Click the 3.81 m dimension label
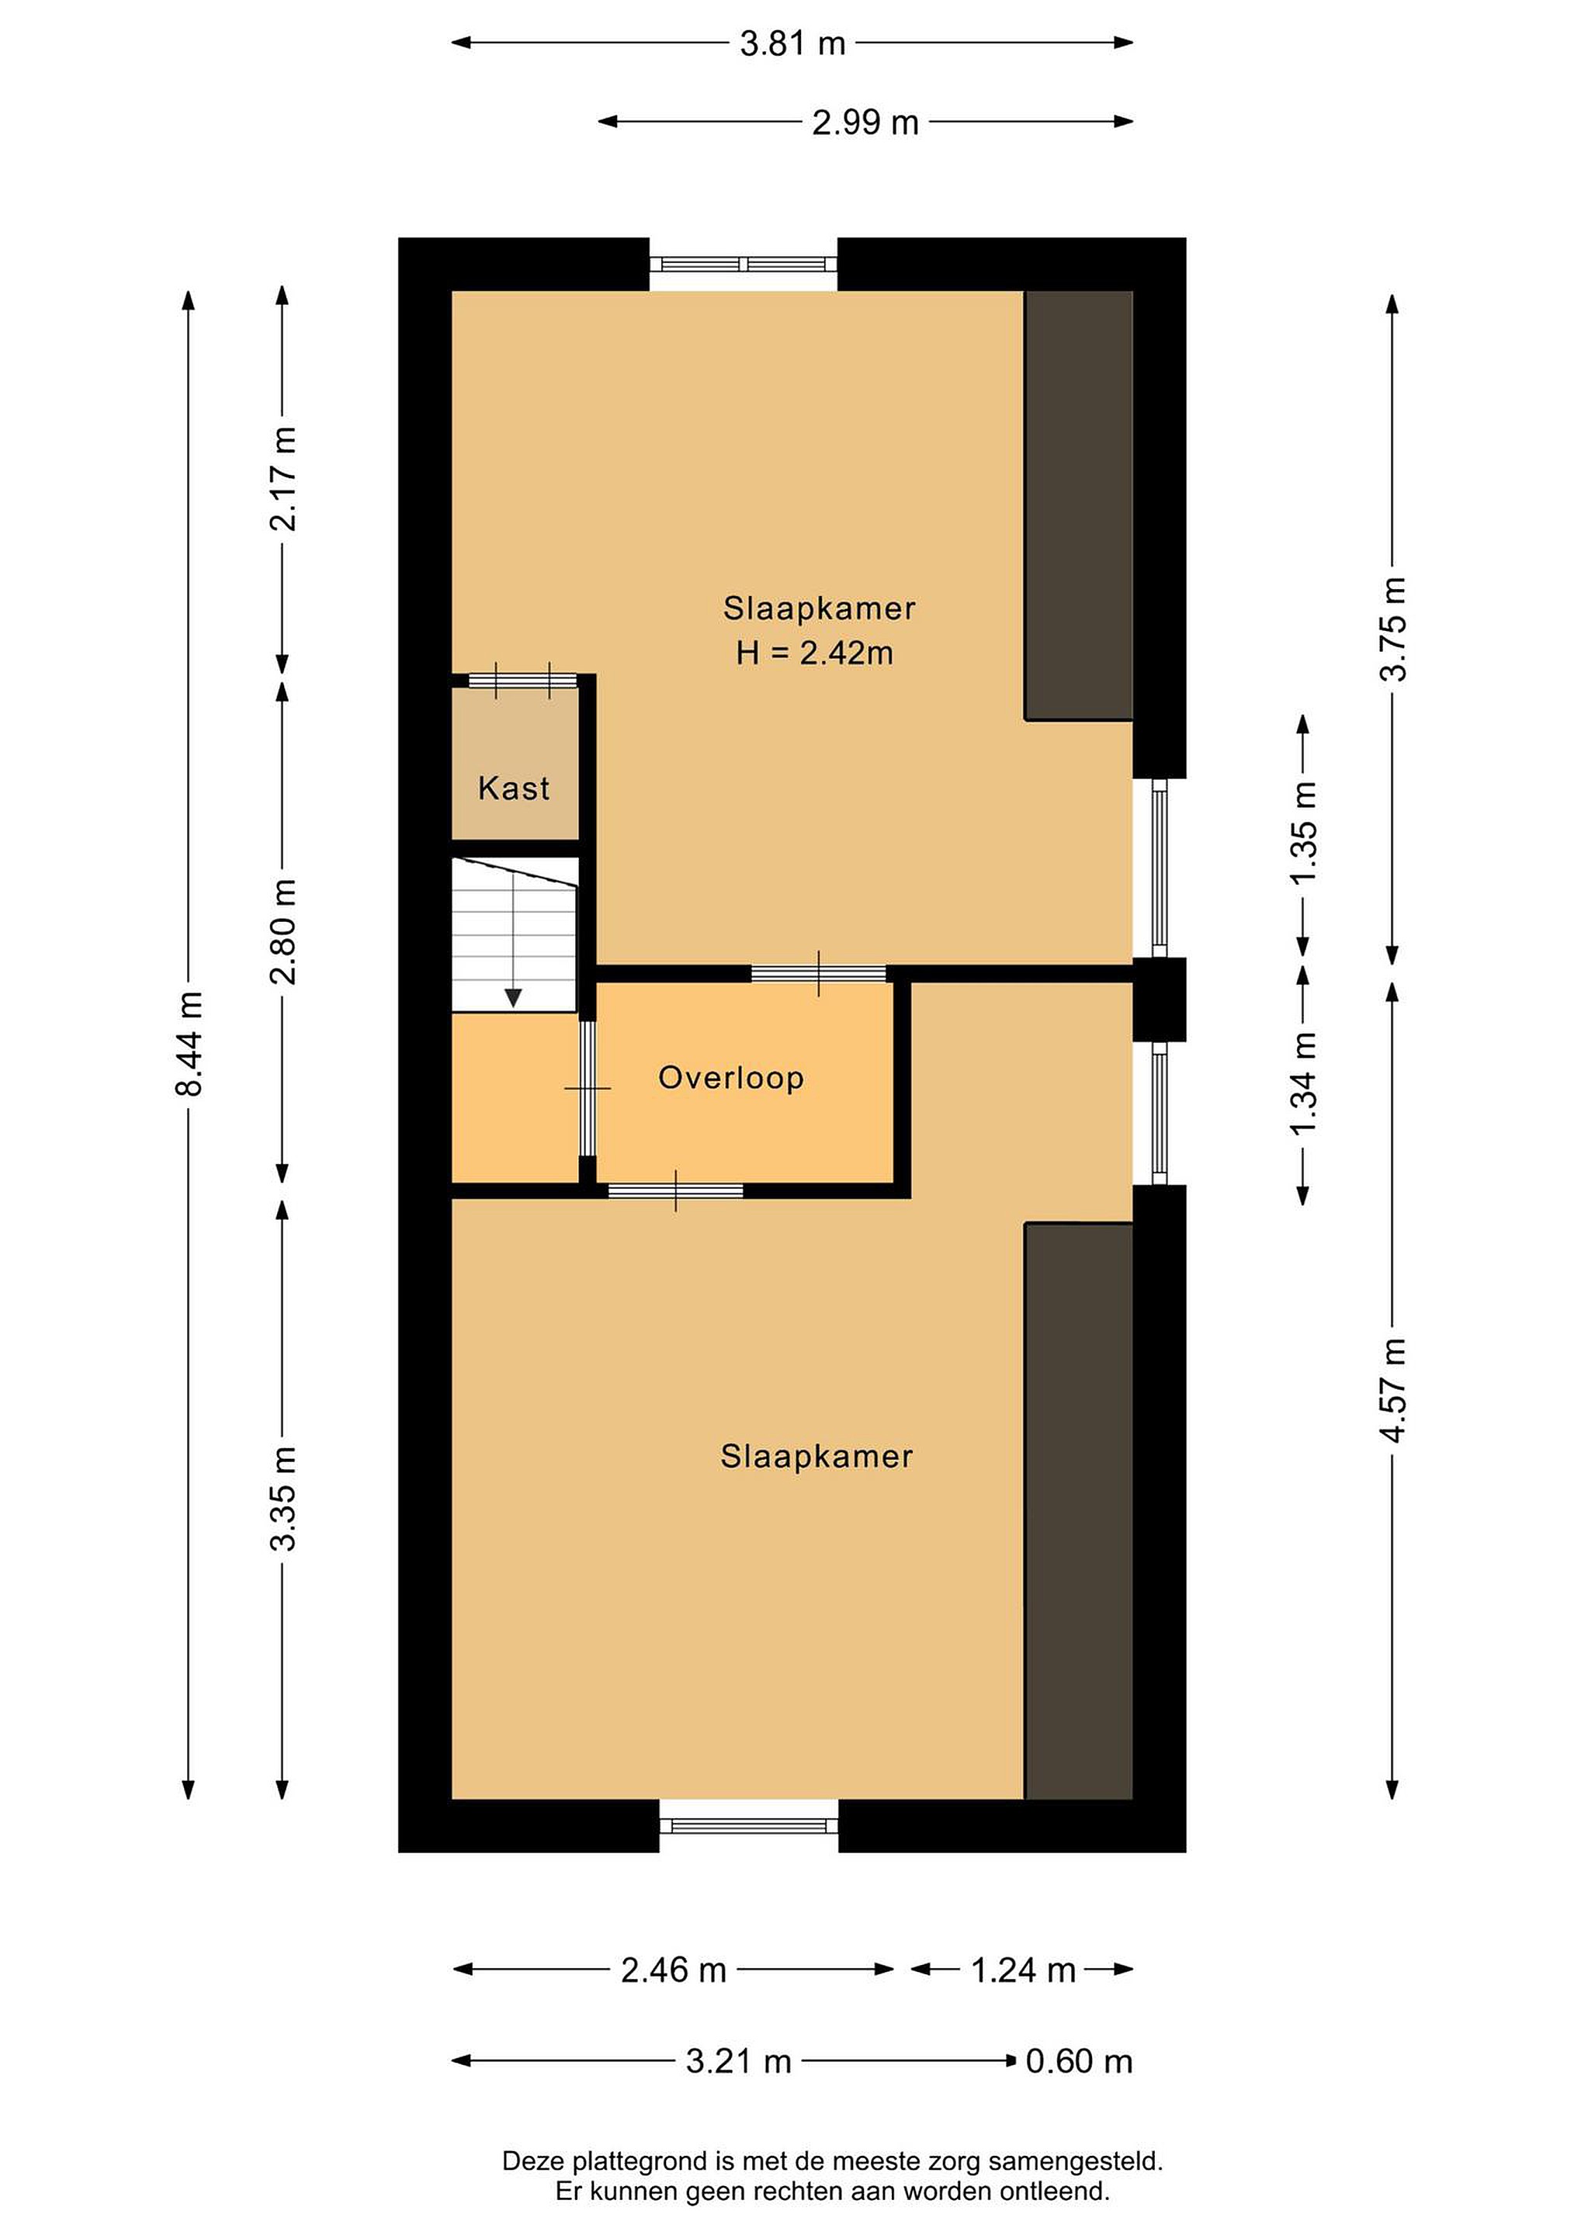coord(792,43)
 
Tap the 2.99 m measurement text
coord(865,123)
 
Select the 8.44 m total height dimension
coord(189,1044)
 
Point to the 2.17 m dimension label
coord(283,479)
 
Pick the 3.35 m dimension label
coord(283,1498)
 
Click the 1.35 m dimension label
coord(1304,832)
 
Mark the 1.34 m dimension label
coord(1304,1083)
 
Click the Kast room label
coord(514,788)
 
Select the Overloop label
coord(731,1078)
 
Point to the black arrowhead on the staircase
coord(513,998)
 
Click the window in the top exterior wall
coord(743,264)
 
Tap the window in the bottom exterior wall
coord(749,1826)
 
